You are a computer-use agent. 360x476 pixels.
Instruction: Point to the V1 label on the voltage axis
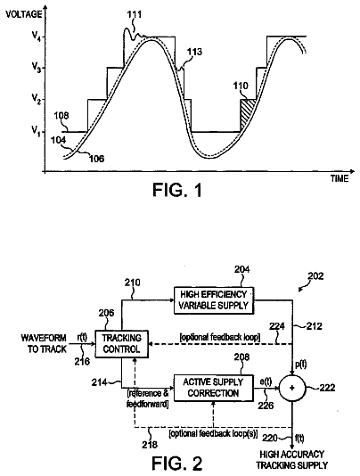click(x=37, y=131)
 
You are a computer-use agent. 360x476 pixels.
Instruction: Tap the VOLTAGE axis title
click(x=23, y=14)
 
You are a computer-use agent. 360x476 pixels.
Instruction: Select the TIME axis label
click(x=340, y=179)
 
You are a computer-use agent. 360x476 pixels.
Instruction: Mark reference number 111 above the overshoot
click(x=134, y=14)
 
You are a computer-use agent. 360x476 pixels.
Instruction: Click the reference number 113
click(x=194, y=52)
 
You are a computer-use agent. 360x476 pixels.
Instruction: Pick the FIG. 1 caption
click(x=177, y=191)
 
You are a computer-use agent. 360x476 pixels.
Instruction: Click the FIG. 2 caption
click(x=176, y=464)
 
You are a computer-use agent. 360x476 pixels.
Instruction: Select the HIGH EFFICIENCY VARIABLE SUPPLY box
click(x=214, y=300)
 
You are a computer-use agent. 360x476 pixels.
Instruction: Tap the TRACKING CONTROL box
click(x=121, y=344)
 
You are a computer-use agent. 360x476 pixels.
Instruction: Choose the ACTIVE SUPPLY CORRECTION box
click(x=213, y=388)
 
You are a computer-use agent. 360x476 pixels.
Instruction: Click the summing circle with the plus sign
click(x=292, y=388)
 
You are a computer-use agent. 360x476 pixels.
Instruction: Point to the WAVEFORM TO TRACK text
click(x=44, y=343)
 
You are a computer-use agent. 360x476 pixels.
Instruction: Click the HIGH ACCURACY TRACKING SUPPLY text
click(x=291, y=460)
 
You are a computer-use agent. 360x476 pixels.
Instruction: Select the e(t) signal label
click(x=266, y=382)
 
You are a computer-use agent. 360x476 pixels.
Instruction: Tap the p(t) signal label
click(x=300, y=364)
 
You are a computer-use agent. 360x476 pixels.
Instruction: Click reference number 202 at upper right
click(x=315, y=276)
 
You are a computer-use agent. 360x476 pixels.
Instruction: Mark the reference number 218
click(x=150, y=445)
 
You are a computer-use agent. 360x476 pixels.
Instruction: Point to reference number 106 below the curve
click(x=96, y=158)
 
